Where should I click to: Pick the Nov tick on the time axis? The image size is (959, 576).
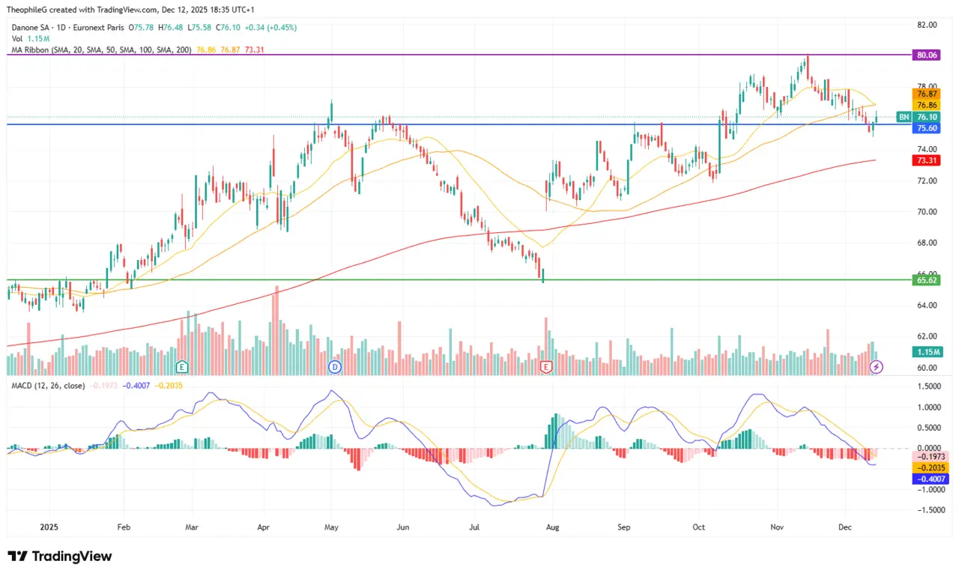coord(777,527)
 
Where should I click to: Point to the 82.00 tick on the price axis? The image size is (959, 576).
coord(927,25)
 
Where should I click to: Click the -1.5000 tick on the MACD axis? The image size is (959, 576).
coord(927,510)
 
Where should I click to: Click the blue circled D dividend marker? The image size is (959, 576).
coord(335,366)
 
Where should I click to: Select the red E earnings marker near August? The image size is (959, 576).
coord(546,366)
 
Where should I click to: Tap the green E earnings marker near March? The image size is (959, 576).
coord(181,366)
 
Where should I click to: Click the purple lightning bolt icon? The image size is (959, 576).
coord(877,367)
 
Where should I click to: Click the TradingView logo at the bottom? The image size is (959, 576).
coord(60,557)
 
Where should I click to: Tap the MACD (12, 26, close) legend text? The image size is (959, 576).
coord(47,385)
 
